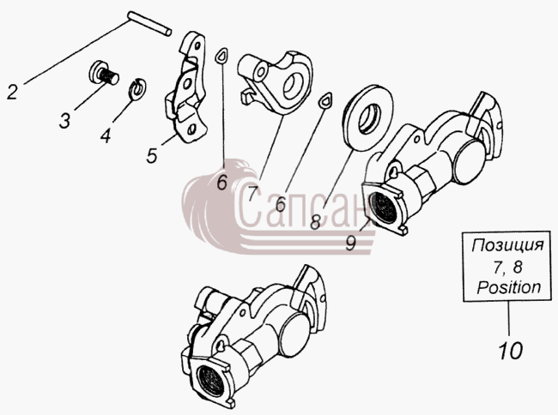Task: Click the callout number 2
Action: pos(12,92)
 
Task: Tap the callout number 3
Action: pos(64,120)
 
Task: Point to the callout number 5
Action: pos(152,155)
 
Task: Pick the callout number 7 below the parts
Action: pos(252,193)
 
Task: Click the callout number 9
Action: pos(350,243)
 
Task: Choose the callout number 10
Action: pos(510,351)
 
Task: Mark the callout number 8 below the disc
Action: pos(315,222)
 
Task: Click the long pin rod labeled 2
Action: pos(150,23)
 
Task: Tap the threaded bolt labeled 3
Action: pos(103,74)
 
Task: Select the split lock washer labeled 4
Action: pos(136,89)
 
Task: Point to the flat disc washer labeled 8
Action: pos(367,118)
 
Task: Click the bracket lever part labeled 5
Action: pos(185,87)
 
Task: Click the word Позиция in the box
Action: pos(508,245)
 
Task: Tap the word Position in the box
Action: pos(509,287)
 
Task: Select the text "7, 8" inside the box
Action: pos(507,267)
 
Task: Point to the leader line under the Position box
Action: pos(508,318)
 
